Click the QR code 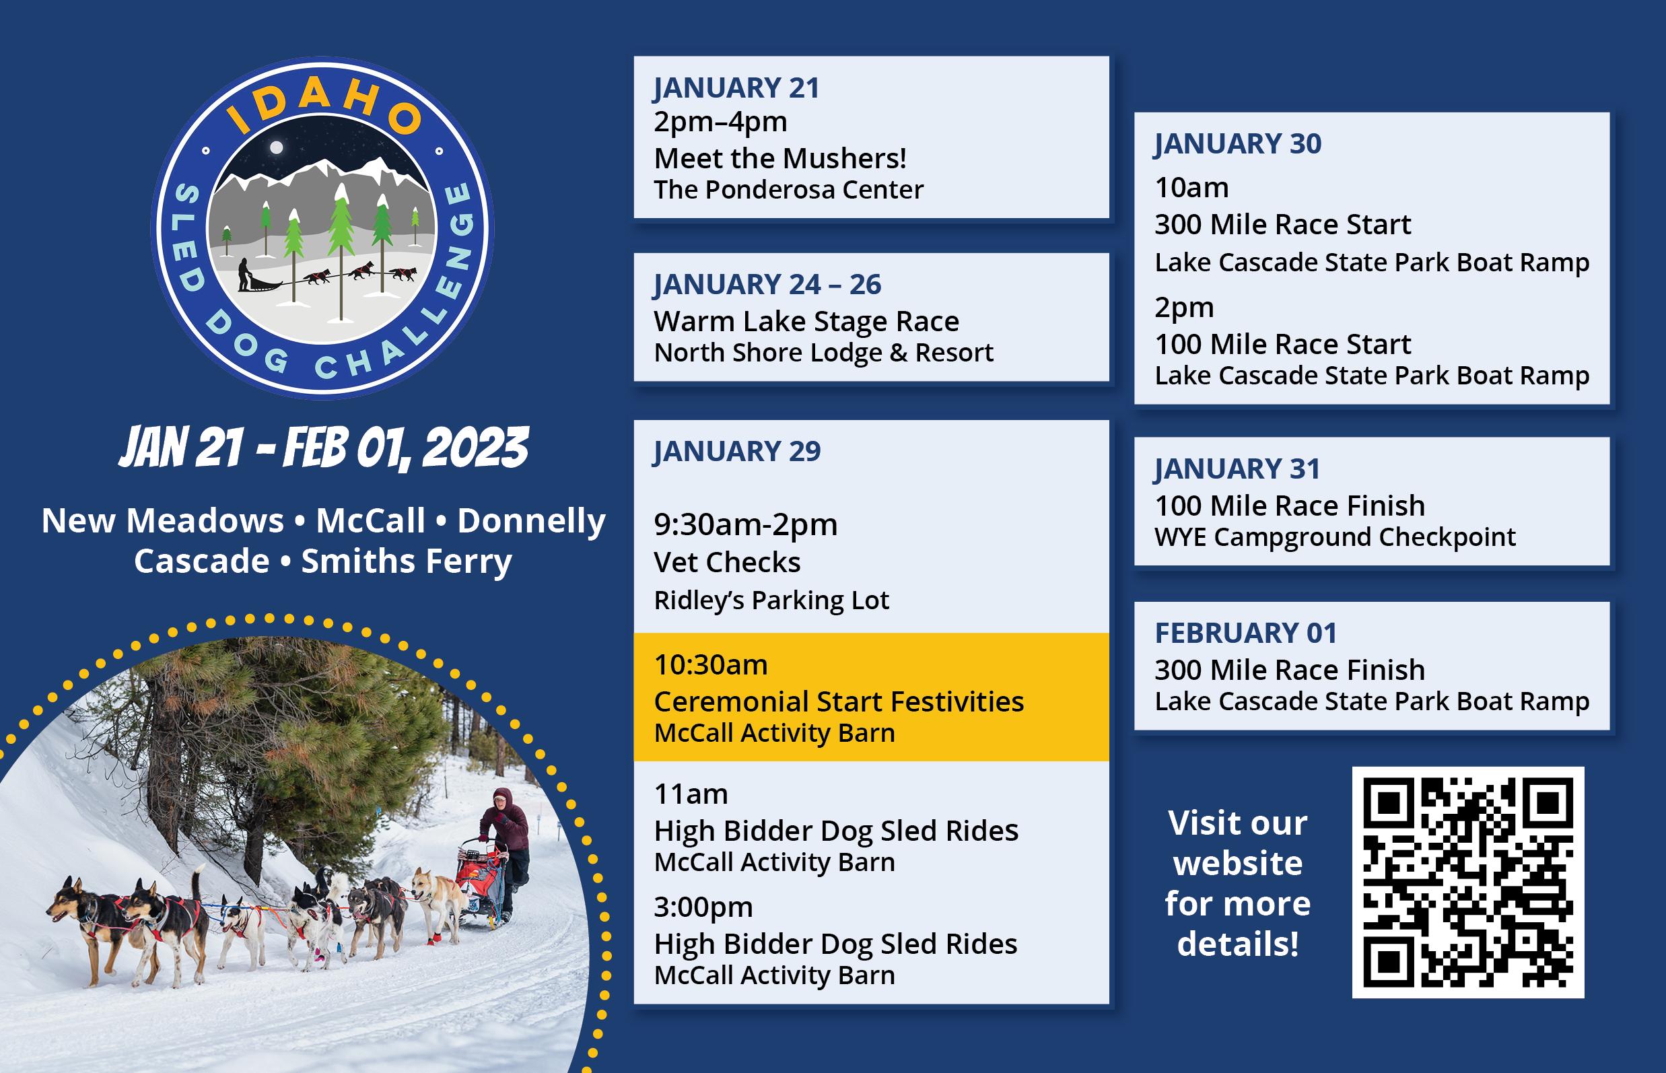click(1468, 882)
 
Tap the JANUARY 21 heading click(736, 88)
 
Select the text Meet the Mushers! click(780, 158)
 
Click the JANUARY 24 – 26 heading click(767, 284)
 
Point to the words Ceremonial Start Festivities click(839, 701)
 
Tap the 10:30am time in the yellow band click(711, 664)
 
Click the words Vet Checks click(727, 562)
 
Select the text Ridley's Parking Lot click(771, 600)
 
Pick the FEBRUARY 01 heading click(1246, 633)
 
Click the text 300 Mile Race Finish click(1290, 670)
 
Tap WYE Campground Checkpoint click(1335, 537)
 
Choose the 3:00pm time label click(703, 907)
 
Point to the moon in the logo click(277, 147)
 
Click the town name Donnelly click(532, 522)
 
